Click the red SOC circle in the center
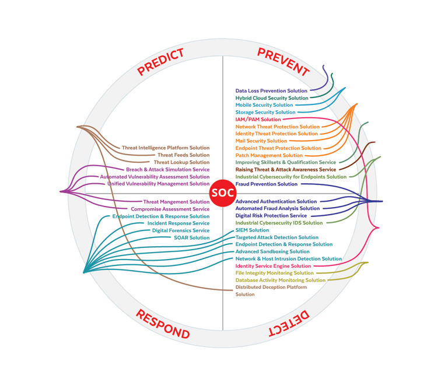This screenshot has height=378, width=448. [x=222, y=193]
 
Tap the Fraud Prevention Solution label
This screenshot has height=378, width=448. [x=267, y=184]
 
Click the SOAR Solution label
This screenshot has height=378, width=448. [x=191, y=237]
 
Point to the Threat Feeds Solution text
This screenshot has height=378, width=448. [x=183, y=155]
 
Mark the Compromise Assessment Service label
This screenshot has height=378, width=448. [x=170, y=209]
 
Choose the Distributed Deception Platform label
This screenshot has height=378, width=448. [x=271, y=287]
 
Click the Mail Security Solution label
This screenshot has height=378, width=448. [x=261, y=141]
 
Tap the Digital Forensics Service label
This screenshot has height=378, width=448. [x=180, y=230]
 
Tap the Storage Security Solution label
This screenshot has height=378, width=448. [x=265, y=112]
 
